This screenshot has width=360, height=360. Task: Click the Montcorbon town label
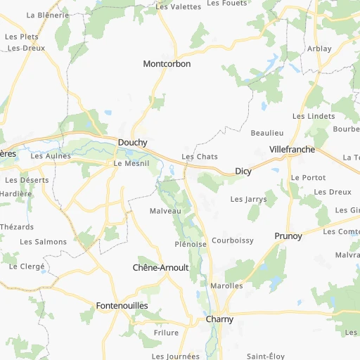tap(167, 64)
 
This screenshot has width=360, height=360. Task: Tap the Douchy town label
tap(132, 142)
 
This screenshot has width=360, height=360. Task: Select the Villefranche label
tap(292, 150)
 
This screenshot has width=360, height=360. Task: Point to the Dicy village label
tap(243, 171)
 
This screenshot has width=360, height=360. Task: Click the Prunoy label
tap(288, 236)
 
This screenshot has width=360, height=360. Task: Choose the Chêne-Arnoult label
tap(161, 268)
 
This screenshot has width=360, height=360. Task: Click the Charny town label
tap(219, 319)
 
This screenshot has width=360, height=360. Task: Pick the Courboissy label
tap(233, 240)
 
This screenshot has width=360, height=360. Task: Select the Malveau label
tap(165, 211)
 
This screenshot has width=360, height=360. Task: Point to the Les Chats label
tap(200, 157)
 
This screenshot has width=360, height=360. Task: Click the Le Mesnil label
tap(128, 163)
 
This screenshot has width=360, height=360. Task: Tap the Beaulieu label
tap(266, 133)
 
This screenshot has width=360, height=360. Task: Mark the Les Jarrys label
tap(249, 199)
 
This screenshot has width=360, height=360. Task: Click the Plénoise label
tap(191, 244)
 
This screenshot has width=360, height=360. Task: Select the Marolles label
tap(226, 286)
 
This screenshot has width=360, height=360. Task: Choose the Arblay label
tap(319, 49)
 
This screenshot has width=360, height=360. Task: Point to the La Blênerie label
tap(48, 15)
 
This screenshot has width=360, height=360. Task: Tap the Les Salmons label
tap(44, 242)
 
